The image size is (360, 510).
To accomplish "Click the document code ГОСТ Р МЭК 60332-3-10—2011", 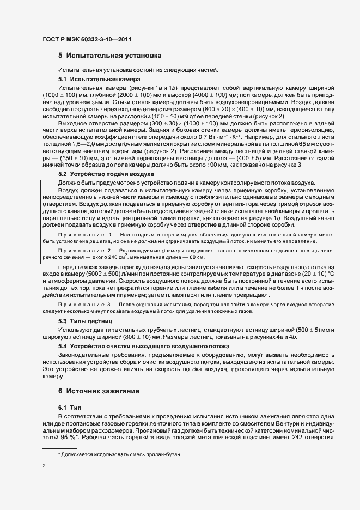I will pyautogui.click(x=88, y=39).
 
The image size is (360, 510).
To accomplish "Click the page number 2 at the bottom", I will pyautogui.click(x=44, y=466).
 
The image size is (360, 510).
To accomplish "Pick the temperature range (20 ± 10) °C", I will pyautogui.click(x=328, y=264).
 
